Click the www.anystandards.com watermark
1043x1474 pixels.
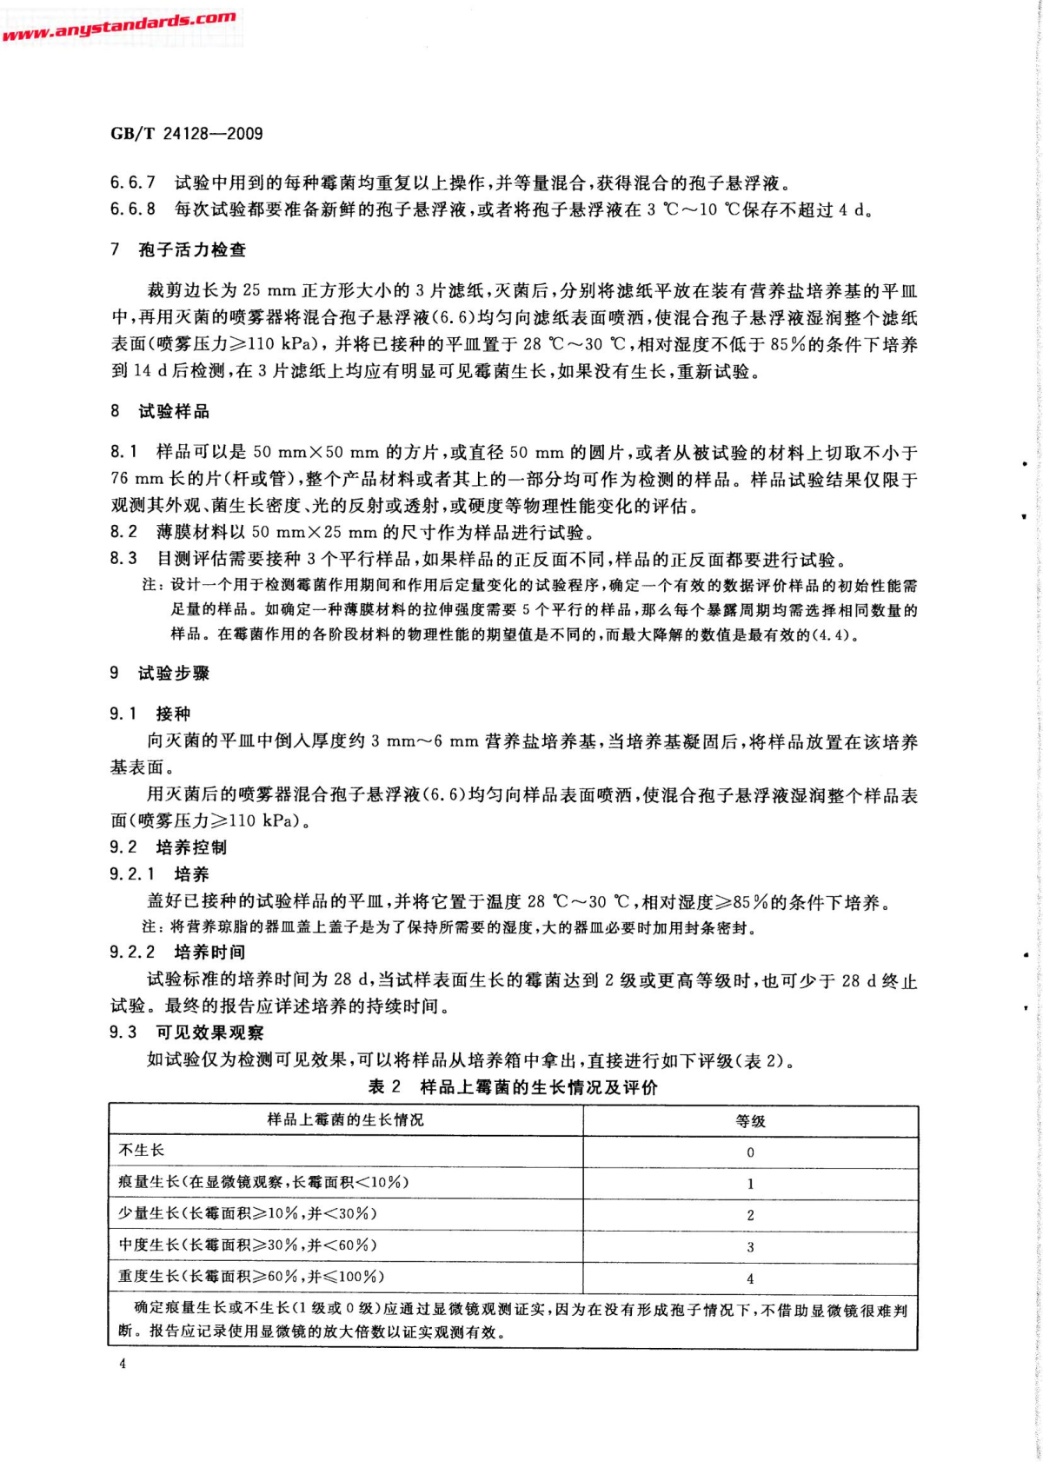click(x=119, y=26)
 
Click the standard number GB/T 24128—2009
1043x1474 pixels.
click(x=186, y=134)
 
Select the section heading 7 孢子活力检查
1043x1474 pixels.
click(x=178, y=250)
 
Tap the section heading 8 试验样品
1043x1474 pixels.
click(x=160, y=412)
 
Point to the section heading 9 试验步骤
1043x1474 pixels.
click(x=160, y=674)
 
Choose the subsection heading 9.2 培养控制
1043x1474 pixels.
click(x=168, y=847)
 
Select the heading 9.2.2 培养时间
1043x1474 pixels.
click(x=177, y=953)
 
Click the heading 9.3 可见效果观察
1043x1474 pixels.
click(x=186, y=1032)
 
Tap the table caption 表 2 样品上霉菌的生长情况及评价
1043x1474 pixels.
click(x=513, y=1087)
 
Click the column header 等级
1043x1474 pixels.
click(x=750, y=1121)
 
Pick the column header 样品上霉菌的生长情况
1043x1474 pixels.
click(x=345, y=1120)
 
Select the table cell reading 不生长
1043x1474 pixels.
click(x=142, y=1151)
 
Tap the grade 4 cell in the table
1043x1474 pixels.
click(x=750, y=1279)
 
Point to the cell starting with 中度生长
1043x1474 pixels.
click(x=248, y=1245)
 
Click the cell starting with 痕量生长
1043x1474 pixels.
click(x=263, y=1182)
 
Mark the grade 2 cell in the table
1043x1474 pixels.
click(x=750, y=1216)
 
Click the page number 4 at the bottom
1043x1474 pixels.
click(x=123, y=1364)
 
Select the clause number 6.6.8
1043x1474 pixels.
click(x=132, y=209)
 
